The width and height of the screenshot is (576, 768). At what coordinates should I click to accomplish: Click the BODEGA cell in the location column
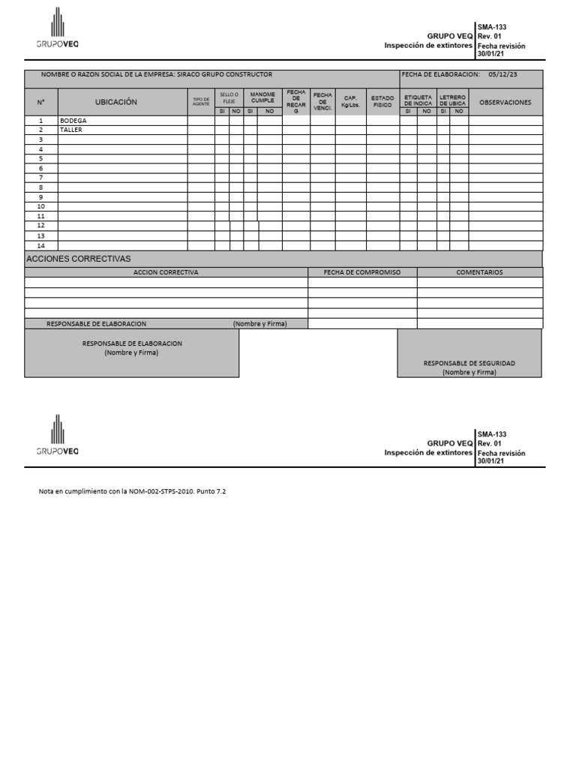[x=73, y=120]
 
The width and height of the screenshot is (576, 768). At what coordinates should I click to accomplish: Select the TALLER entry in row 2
[x=71, y=130]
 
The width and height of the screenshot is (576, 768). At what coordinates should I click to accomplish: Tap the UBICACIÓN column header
[x=116, y=102]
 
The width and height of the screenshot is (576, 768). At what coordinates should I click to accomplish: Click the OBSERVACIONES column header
[x=505, y=102]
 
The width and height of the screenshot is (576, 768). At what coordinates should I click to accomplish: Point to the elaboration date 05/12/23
[x=503, y=75]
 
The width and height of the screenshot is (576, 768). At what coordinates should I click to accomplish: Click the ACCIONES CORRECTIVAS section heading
[x=79, y=259]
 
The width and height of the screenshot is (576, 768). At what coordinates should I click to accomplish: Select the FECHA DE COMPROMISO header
[x=362, y=272]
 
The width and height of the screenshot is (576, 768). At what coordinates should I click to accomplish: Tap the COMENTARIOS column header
[x=479, y=272]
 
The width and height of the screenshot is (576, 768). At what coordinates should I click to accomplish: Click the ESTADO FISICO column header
[x=382, y=101]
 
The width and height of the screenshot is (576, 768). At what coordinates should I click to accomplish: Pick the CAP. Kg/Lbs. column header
[x=350, y=101]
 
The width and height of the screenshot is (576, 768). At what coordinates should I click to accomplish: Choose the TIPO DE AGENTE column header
[x=201, y=102]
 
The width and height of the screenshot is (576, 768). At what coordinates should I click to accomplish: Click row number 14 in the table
[x=41, y=245]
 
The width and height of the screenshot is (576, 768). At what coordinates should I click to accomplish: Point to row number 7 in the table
[x=41, y=178]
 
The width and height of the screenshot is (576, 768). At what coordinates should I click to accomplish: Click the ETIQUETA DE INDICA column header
[x=418, y=100]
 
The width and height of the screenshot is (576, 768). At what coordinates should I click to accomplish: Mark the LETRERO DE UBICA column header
[x=452, y=100]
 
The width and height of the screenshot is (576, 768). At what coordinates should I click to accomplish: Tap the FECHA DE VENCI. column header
[x=322, y=101]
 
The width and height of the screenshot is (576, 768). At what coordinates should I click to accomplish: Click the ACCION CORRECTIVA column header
[x=166, y=272]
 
